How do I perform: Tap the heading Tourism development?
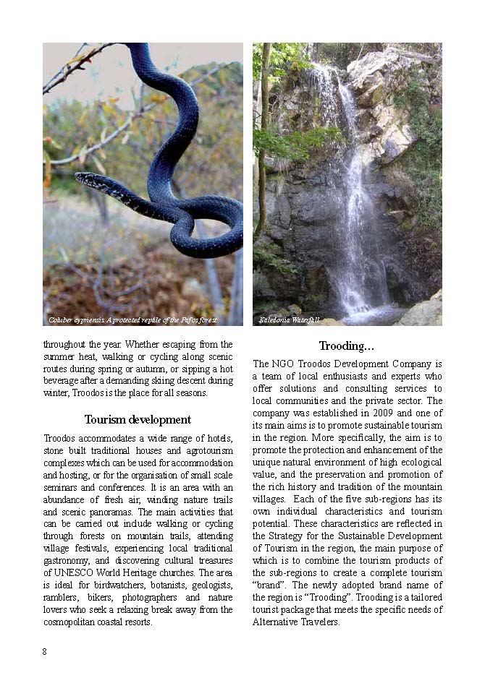(138, 419)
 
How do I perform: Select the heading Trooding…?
(347, 345)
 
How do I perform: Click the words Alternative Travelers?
(296, 622)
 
